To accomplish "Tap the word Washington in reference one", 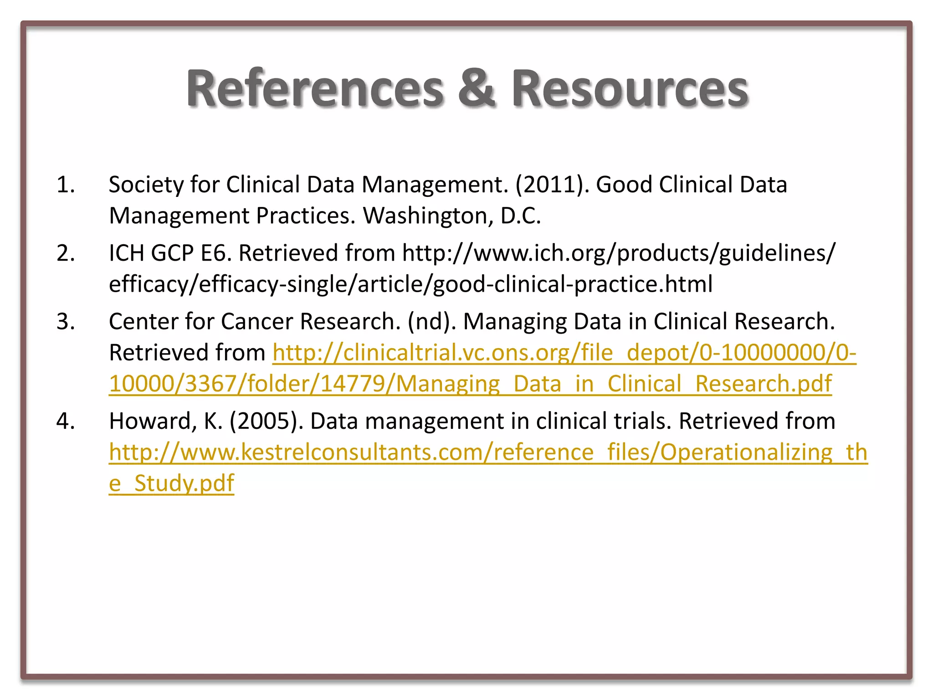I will [428, 216].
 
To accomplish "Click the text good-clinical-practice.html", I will [573, 284].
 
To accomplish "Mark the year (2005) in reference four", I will [267, 422].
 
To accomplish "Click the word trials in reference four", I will [642, 422].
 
